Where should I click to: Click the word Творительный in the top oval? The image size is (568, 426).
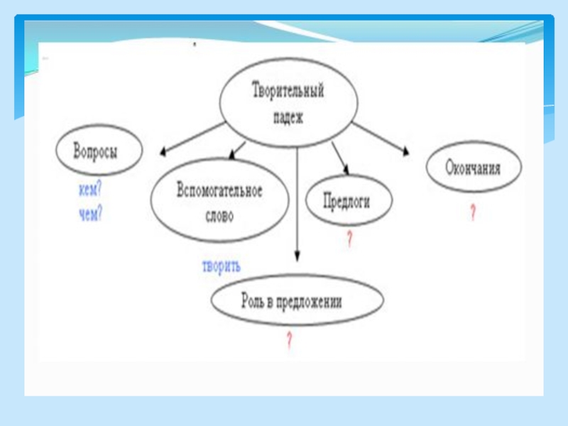(x=288, y=92)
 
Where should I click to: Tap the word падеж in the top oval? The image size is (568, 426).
(x=288, y=118)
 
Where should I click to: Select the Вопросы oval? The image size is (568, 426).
(x=98, y=151)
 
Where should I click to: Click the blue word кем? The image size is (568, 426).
(x=89, y=191)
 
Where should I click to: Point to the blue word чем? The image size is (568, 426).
(x=90, y=213)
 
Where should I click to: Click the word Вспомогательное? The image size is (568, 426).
(x=219, y=191)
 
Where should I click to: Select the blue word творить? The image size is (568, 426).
(x=222, y=267)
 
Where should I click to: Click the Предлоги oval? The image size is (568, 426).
(x=349, y=201)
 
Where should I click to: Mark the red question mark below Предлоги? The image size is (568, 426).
(x=349, y=239)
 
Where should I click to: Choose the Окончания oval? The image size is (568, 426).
(x=474, y=169)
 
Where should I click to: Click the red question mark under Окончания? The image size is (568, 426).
(x=472, y=212)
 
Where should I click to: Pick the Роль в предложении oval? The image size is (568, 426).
(x=297, y=301)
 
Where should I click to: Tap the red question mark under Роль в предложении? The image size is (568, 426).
(x=289, y=340)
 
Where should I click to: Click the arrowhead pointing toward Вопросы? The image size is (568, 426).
(x=163, y=151)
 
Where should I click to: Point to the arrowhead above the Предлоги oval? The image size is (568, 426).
(x=345, y=168)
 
